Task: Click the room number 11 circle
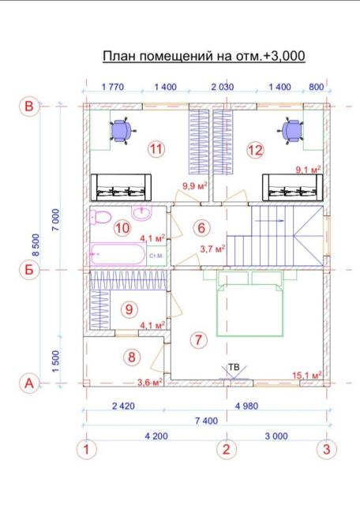point(156,149)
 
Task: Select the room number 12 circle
point(255,150)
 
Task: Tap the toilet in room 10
point(100,218)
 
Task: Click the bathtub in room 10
point(118,254)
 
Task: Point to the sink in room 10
point(141,213)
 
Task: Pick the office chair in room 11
point(122,130)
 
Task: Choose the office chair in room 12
point(291,130)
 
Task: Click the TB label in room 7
point(234,367)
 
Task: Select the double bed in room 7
point(250,305)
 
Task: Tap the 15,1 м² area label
point(307,376)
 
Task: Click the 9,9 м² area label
point(195,186)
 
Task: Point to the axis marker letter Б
point(29,269)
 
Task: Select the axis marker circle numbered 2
point(227,449)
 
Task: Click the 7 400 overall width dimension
point(206,421)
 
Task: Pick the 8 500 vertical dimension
point(36,245)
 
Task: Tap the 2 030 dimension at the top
point(223,87)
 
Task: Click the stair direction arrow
point(270,221)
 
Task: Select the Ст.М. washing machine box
point(156,256)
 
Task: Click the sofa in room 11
point(121,188)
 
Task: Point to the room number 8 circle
point(132,357)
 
